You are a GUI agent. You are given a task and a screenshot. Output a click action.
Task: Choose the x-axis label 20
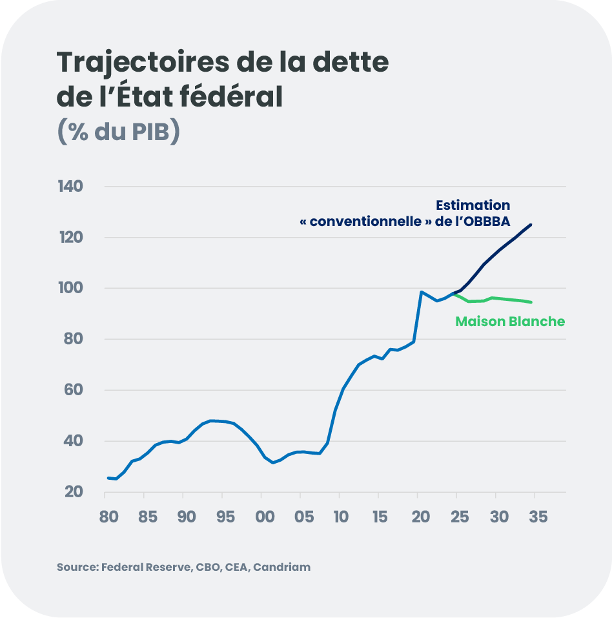point(420,517)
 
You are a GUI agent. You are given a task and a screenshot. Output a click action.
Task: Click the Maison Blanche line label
point(510,321)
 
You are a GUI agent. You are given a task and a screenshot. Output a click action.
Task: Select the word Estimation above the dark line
point(473,205)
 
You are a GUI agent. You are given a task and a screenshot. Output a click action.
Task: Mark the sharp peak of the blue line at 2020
point(421,292)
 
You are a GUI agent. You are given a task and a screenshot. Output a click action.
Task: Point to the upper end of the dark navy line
point(531,225)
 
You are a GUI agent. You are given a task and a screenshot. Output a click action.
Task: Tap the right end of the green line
point(531,302)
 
